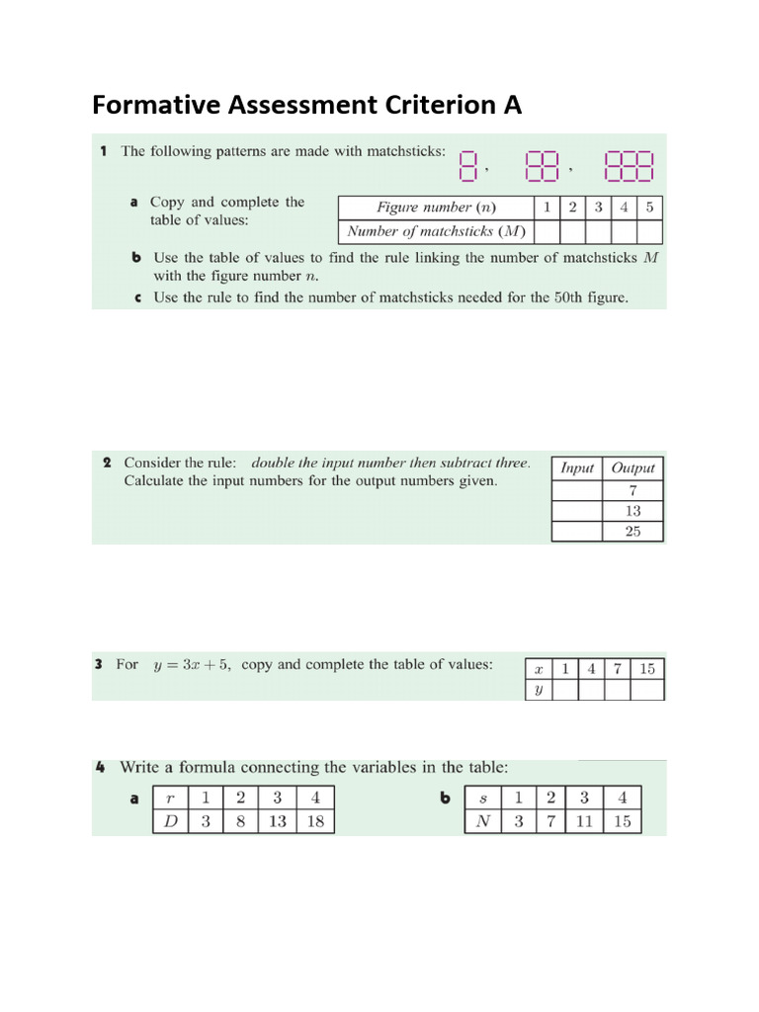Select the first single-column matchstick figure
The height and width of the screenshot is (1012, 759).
coord(468,166)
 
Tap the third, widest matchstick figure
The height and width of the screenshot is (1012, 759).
coord(628,166)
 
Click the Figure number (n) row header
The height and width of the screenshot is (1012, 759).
coord(436,208)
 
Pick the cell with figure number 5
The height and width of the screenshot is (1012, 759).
coord(649,208)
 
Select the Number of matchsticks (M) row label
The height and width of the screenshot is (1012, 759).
coord(436,232)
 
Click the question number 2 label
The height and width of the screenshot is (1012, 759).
coord(106,463)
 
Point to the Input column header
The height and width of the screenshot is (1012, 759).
coord(576,468)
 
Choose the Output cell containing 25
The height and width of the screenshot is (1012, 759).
coord(632,532)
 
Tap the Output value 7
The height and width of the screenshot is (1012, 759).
coord(632,490)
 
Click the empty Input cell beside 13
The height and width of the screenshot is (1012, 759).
coord(576,511)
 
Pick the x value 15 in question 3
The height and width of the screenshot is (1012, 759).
coord(646,669)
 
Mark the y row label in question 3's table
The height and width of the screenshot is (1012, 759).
coord(538,691)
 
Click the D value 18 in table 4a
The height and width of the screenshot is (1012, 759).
coord(315,821)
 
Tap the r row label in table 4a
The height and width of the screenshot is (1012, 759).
coord(170,798)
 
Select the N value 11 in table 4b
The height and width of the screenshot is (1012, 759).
coord(583,821)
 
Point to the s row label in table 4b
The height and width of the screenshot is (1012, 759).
coord(483,798)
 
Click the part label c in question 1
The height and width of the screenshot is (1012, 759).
coord(137,297)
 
